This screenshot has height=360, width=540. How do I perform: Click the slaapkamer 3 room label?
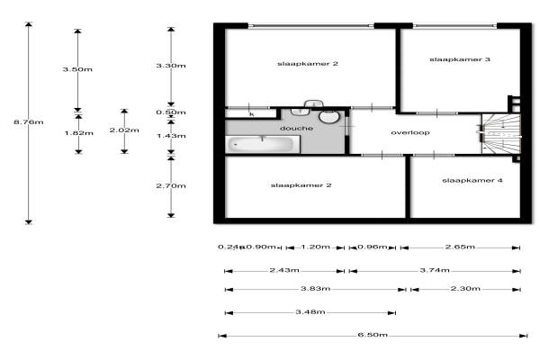coord(460,60)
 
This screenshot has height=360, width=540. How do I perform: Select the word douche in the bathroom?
coord(296,129)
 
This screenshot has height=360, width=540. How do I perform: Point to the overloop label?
coord(410,132)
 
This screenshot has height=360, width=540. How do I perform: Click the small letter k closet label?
coord(251,114)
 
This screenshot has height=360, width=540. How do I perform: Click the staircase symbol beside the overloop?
coord(500,133)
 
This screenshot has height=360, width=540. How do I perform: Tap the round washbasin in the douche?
coord(329,118)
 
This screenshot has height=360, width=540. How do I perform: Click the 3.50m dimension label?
coord(77,69)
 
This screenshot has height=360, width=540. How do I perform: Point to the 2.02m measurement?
coord(124,130)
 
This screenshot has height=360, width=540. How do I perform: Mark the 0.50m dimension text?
coord(171,113)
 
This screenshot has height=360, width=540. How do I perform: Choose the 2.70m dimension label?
coord(171,186)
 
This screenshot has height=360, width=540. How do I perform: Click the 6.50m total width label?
coord(372,336)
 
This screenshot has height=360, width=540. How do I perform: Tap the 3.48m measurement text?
coord(310,312)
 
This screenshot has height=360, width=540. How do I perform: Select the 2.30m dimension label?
coord(465,289)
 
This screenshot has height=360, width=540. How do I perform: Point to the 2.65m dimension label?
coord(460,247)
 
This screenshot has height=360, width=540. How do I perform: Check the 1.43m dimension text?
coord(171,136)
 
